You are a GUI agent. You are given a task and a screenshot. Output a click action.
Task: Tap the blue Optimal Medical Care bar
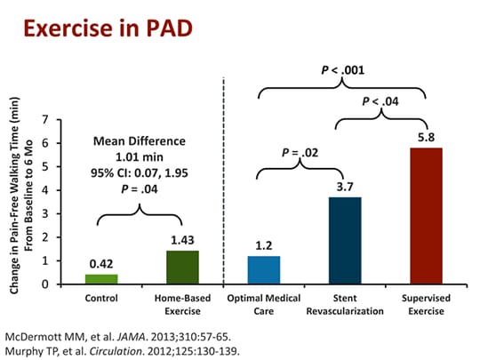coord(265,269)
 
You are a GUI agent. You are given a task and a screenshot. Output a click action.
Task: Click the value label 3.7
coord(345,188)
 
